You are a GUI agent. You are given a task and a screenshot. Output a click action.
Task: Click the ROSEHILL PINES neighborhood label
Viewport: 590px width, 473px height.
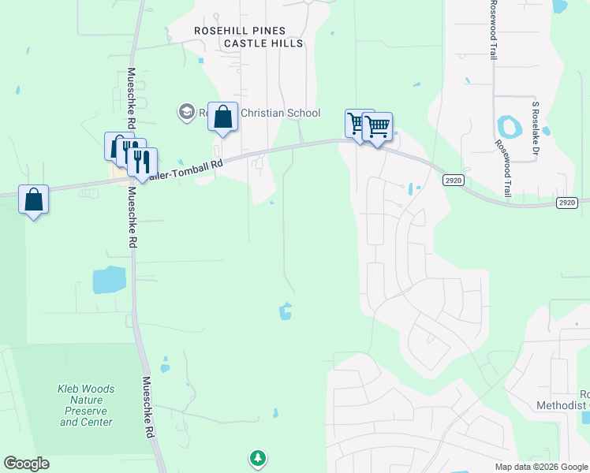(241, 31)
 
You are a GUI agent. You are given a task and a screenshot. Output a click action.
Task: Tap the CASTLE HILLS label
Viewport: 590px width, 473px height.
(263, 43)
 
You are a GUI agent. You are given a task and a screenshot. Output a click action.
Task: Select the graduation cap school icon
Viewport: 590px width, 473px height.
(187, 113)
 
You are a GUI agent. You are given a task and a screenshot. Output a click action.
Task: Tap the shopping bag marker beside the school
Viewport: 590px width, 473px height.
(222, 118)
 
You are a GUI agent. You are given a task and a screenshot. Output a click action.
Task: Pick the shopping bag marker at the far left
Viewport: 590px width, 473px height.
(34, 200)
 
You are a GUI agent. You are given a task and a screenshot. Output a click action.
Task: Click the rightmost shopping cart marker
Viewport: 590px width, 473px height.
(378, 127)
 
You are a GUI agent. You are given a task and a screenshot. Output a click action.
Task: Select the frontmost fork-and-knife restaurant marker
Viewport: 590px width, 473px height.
(142, 162)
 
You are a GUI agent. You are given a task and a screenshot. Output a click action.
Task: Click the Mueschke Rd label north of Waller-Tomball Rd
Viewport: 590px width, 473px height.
(132, 99)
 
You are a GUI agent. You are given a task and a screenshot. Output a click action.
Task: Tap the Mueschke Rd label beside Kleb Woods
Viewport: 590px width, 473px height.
(147, 407)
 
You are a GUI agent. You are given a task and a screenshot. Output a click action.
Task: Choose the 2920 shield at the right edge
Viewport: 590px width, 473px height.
(567, 203)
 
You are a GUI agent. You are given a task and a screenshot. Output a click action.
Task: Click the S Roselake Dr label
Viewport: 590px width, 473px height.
(534, 127)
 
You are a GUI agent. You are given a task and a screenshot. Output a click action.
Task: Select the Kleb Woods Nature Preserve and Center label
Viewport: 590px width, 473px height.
(86, 405)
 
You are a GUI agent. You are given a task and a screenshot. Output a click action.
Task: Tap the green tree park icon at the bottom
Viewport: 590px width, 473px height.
(257, 456)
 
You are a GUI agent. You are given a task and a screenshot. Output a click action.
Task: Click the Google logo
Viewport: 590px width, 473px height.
(26, 464)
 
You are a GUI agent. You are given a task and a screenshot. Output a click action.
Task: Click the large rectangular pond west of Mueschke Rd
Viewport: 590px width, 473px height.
(109, 280)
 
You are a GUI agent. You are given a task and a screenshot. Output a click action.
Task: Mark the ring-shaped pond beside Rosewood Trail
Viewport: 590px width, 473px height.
(506, 125)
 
